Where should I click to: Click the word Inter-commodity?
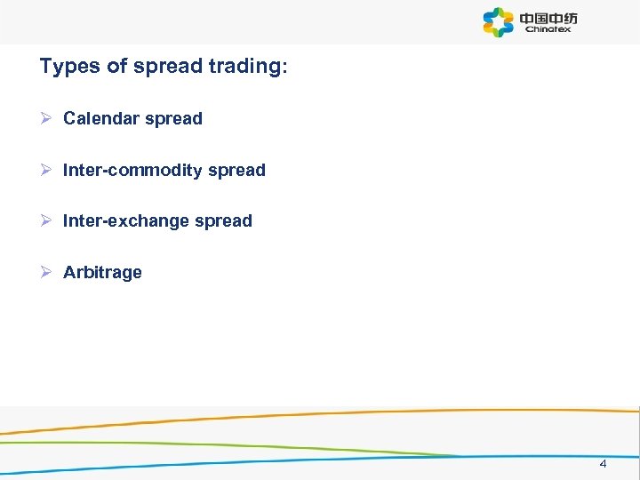coord(132,170)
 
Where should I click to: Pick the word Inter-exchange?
coord(125,220)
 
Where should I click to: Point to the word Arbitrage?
coord(102,272)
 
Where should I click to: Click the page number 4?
coord(603,464)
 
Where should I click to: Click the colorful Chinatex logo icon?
coord(499,22)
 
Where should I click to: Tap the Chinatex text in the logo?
coord(548,29)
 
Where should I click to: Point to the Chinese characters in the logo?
coord(548,17)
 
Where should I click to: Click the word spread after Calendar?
coord(175,118)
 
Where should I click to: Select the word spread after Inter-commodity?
coord(236,170)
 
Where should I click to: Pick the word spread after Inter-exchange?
coord(224,220)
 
